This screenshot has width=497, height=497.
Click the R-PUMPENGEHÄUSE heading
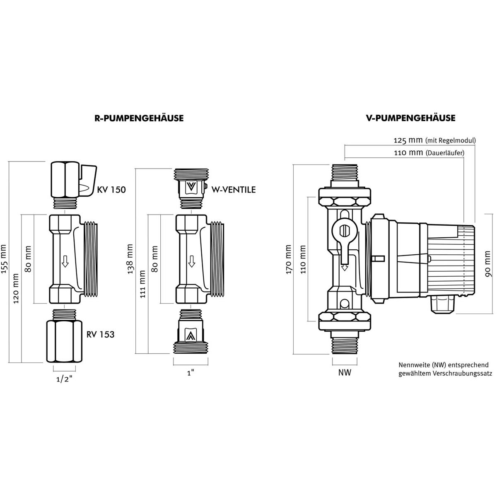pos(139,118)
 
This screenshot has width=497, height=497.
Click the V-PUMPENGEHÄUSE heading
pos(410,118)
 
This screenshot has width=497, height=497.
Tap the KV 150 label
pos(111,190)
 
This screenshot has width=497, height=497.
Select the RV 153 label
pos(100,334)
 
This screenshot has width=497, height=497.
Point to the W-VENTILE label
pos(234,190)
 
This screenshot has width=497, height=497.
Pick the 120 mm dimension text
pos(16,288)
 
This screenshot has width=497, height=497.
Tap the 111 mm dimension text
pos(142,284)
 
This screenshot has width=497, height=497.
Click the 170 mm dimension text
pos(288,259)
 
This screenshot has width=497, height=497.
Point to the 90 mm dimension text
pos(488,264)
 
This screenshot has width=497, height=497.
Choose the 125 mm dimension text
pos(408,140)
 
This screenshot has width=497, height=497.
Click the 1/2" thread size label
pos(65,380)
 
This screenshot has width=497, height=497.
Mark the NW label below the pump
pos(345,372)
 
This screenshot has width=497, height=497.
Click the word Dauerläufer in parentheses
pos(445,153)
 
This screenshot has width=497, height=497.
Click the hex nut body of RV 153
pos(65,341)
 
